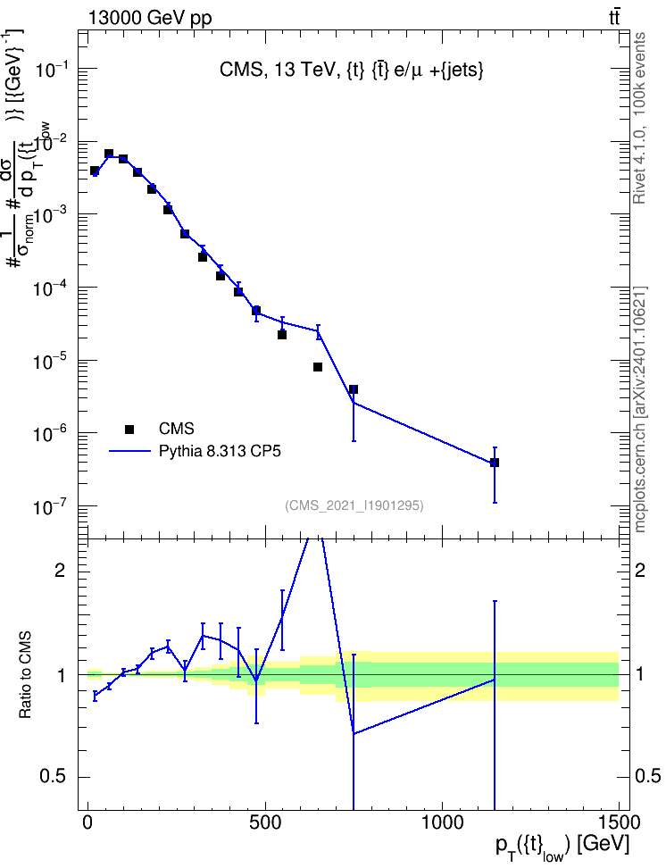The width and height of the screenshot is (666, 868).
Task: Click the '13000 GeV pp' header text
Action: [150, 18]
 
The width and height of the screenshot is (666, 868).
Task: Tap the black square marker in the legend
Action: [129, 429]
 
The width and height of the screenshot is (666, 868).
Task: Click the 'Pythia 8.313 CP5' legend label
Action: [220, 451]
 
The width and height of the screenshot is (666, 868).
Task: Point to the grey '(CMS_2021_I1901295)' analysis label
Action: [354, 505]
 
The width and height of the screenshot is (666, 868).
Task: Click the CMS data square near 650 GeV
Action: [318, 367]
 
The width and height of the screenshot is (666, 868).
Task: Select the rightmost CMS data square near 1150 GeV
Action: [495, 463]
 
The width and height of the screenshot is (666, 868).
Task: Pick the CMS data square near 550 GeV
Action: [282, 334]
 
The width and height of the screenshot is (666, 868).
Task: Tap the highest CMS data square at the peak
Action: [109, 154]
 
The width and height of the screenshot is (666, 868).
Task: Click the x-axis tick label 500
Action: [265, 822]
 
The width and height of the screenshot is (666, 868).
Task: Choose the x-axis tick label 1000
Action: [442, 822]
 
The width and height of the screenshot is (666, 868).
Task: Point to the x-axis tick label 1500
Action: [620, 822]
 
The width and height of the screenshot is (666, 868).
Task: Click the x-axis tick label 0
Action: [87, 822]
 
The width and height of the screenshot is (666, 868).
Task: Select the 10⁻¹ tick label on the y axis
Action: [52, 69]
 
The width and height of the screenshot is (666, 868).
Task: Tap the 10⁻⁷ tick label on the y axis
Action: [52, 506]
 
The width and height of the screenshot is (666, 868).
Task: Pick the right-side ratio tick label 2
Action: [640, 570]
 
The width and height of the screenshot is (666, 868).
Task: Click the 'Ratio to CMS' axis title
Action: [25, 675]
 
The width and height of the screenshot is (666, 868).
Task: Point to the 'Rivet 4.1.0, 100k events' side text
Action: [639, 118]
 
